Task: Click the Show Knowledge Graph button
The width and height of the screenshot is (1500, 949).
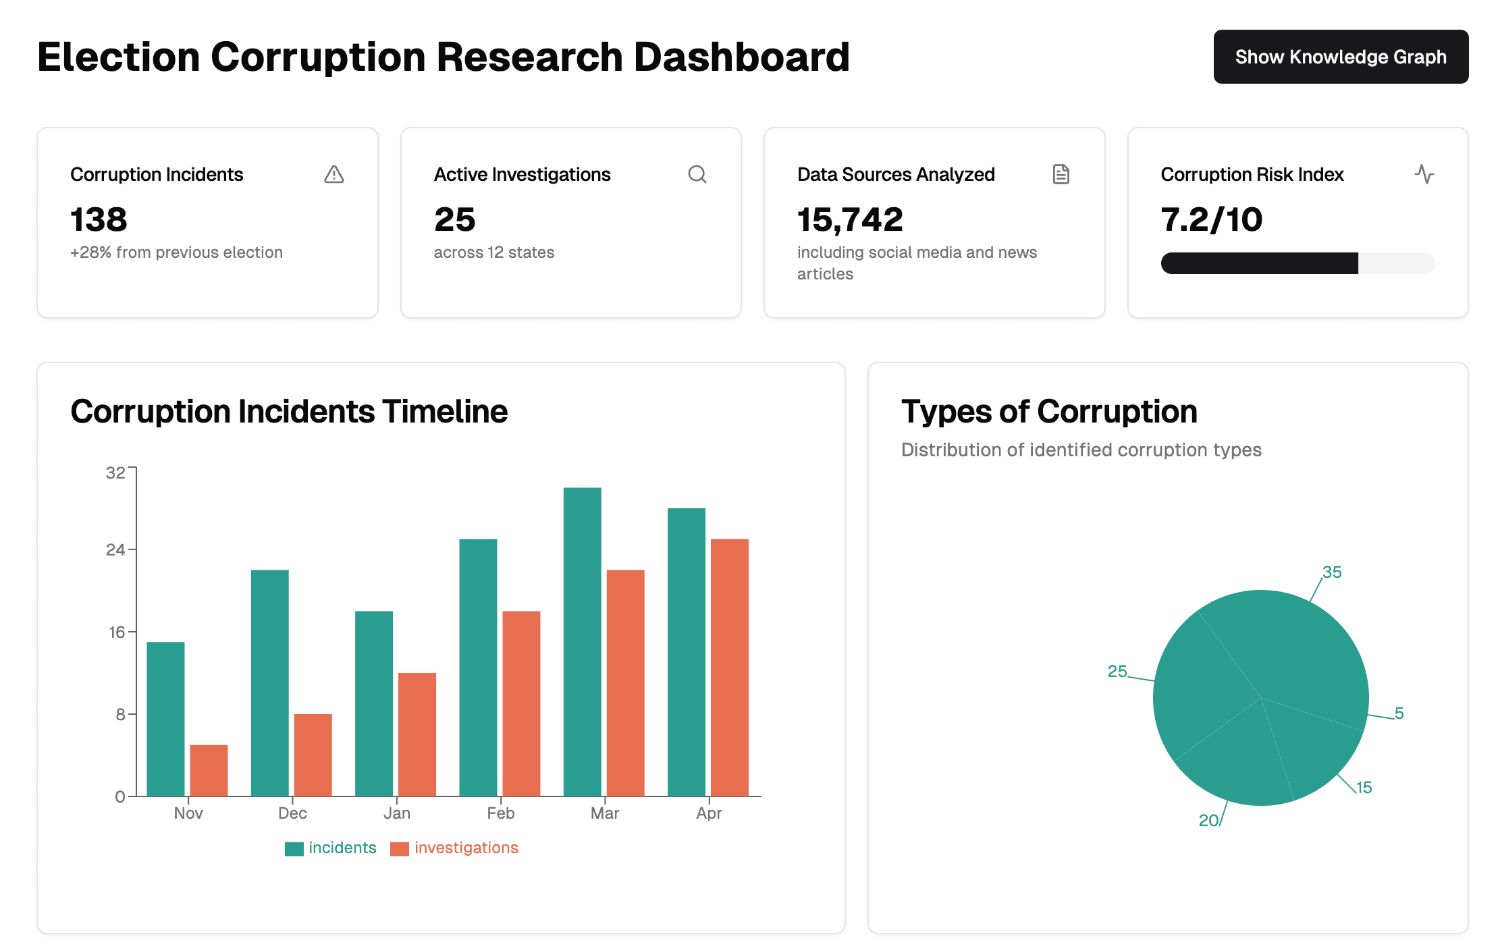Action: (x=1340, y=57)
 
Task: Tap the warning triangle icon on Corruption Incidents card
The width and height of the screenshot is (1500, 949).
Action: (x=333, y=175)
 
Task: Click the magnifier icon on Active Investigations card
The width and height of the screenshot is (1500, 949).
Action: (x=697, y=175)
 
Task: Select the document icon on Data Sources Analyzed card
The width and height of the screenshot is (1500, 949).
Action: (x=1061, y=175)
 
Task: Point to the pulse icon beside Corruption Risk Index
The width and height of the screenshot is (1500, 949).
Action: (x=1424, y=175)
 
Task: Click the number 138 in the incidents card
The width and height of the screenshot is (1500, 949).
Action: (x=99, y=219)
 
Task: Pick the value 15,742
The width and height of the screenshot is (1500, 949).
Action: (x=850, y=219)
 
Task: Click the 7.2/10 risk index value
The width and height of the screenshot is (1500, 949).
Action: (x=1211, y=219)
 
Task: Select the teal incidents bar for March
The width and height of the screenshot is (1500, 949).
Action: (x=582, y=641)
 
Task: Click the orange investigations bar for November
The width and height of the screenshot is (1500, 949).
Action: (x=209, y=770)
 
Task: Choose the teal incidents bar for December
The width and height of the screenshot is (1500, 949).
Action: (x=269, y=682)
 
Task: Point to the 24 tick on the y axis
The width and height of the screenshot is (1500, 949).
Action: (x=115, y=549)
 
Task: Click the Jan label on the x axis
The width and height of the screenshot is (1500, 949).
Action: (x=396, y=813)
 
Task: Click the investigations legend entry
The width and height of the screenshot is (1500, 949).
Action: (x=466, y=848)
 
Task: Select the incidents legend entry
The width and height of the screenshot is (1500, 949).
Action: (x=342, y=848)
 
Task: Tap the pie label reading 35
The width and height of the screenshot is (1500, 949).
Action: (x=1331, y=572)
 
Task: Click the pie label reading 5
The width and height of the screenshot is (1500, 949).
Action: (x=1399, y=713)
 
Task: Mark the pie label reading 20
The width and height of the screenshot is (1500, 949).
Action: (x=1208, y=820)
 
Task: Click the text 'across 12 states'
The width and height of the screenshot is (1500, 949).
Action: (x=493, y=252)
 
